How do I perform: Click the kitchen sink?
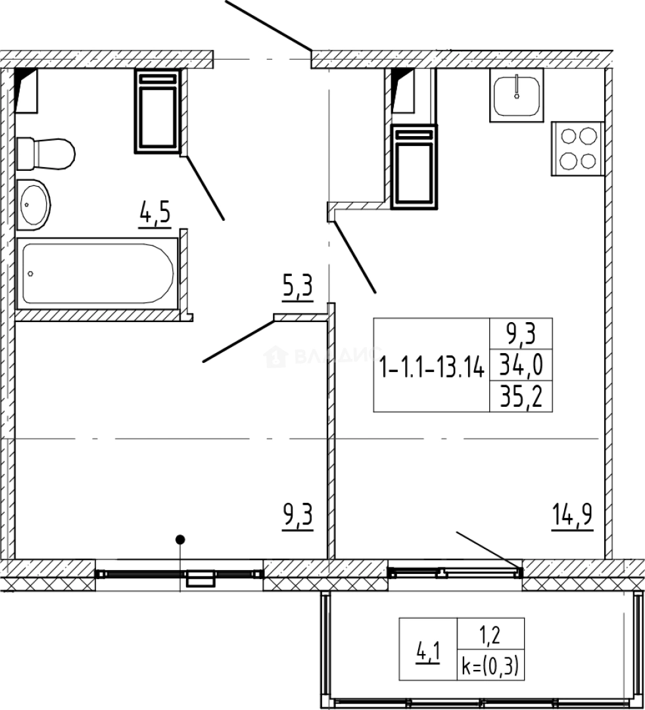[516, 95]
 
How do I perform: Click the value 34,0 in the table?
[521, 363]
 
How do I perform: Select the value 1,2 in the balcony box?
[492, 636]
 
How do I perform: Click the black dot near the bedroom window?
[179, 540]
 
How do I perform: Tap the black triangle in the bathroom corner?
[25, 82]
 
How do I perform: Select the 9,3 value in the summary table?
[521, 334]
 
